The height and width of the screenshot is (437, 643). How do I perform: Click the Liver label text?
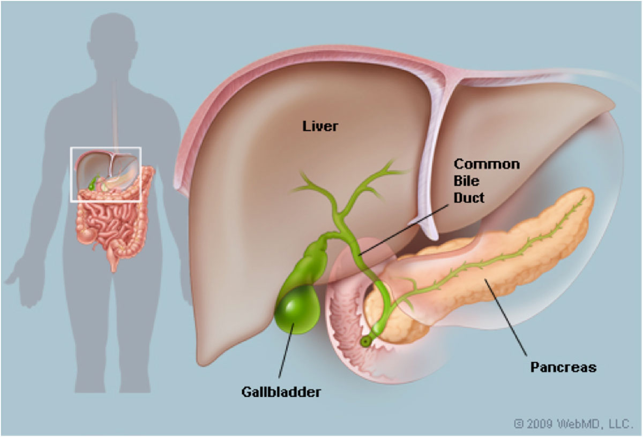(320, 126)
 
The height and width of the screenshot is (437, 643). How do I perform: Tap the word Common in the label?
(487, 164)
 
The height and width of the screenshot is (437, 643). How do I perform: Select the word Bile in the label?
(467, 181)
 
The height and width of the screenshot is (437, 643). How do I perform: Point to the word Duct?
(469, 198)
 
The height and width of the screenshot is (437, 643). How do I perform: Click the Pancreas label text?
(563, 367)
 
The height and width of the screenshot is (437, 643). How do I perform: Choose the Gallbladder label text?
(281, 392)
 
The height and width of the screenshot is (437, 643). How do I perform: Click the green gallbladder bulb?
(297, 309)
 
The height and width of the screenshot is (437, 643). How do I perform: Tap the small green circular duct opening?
(365, 342)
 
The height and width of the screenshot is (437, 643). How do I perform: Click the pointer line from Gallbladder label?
(286, 351)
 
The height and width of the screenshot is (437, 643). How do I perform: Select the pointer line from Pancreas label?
(506, 318)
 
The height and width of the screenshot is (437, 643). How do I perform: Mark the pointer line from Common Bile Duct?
(403, 230)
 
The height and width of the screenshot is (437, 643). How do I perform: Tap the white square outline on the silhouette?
(106, 148)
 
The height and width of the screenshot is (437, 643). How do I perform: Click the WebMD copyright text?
(573, 424)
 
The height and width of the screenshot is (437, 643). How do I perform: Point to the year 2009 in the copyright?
(540, 424)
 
